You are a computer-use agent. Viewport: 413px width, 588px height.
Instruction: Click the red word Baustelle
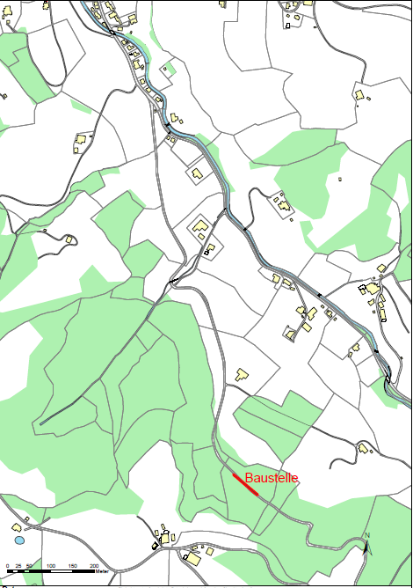coord(272,478)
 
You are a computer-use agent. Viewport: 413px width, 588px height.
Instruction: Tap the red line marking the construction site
coord(245,485)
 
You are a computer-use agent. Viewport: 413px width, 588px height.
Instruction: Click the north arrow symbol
coord(367,547)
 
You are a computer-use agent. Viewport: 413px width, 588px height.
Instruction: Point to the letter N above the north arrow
coord(367,536)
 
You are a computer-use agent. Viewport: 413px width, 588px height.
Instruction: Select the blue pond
coord(19,540)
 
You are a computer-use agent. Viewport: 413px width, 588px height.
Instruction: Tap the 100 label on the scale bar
coord(51,565)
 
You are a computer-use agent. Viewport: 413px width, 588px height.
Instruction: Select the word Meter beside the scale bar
coord(104,572)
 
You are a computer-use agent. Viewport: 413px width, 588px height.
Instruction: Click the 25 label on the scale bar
coord(18,565)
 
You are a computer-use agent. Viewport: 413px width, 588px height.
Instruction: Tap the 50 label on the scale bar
coord(29,565)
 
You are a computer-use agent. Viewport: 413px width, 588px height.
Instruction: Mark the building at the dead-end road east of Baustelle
coord(362,449)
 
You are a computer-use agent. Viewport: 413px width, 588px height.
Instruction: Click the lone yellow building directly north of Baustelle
coord(242,374)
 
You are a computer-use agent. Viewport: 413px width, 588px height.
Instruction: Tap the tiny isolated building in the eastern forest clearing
coord(340,180)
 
